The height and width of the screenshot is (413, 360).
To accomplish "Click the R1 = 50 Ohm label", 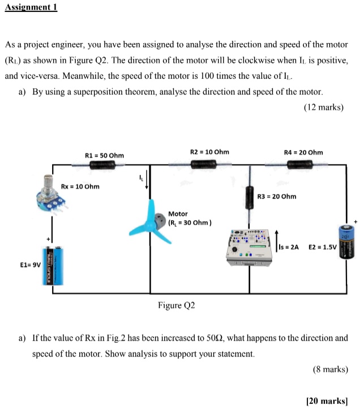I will point(104,155).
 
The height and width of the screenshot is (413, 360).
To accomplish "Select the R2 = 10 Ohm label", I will point(209,152).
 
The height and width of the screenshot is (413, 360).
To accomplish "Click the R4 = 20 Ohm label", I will point(303,152).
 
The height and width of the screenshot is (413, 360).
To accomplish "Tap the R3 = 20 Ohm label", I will point(276,196).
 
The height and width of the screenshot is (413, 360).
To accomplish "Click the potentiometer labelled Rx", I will point(50,193).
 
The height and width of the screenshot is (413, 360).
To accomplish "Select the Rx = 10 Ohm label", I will point(80,186).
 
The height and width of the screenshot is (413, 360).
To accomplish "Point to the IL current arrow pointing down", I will point(147,180).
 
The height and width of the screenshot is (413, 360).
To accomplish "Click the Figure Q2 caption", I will point(176,306).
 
